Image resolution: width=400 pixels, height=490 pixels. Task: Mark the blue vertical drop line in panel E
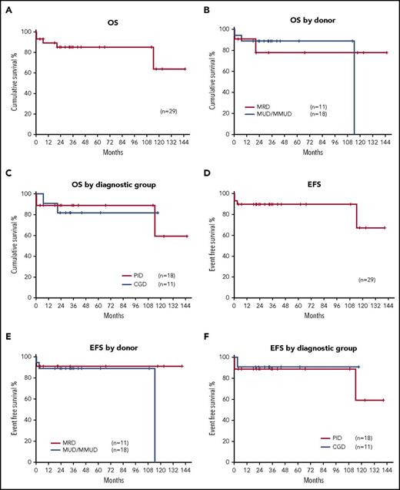(155, 417)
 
